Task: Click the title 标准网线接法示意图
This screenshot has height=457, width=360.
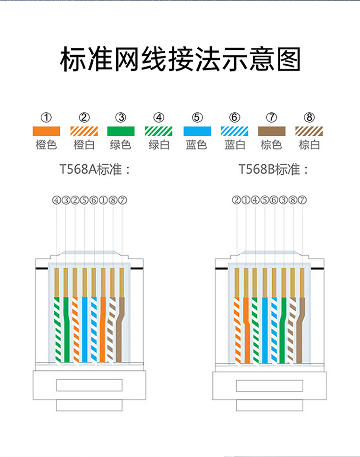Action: tap(180, 59)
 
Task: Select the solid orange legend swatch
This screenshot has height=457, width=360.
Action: tap(46, 131)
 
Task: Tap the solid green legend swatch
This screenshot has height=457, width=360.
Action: tap(121, 131)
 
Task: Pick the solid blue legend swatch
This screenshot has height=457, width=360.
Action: tap(197, 131)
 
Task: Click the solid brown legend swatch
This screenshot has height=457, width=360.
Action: tap(272, 131)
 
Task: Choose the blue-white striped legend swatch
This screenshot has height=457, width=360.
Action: tap(234, 131)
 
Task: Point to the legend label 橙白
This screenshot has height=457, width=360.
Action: tap(84, 144)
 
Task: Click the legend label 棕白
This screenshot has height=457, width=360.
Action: tap(309, 144)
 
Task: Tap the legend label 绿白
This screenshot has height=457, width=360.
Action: tap(159, 144)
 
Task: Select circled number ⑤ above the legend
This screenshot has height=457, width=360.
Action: tap(197, 117)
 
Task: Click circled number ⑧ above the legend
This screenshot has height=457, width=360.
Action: tap(310, 117)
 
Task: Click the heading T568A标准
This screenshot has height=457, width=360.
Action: tap(95, 169)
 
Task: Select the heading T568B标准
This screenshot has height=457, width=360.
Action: tap(274, 169)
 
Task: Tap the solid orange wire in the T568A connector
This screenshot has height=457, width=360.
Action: tap(103, 331)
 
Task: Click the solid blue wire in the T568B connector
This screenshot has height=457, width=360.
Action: tap(264, 331)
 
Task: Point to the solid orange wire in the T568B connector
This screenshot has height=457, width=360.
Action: tap(246, 331)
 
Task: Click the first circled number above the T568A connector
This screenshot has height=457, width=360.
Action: tap(57, 200)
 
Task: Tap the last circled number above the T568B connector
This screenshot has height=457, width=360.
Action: tap(302, 200)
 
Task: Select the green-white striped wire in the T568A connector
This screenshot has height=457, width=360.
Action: tap(57, 331)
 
